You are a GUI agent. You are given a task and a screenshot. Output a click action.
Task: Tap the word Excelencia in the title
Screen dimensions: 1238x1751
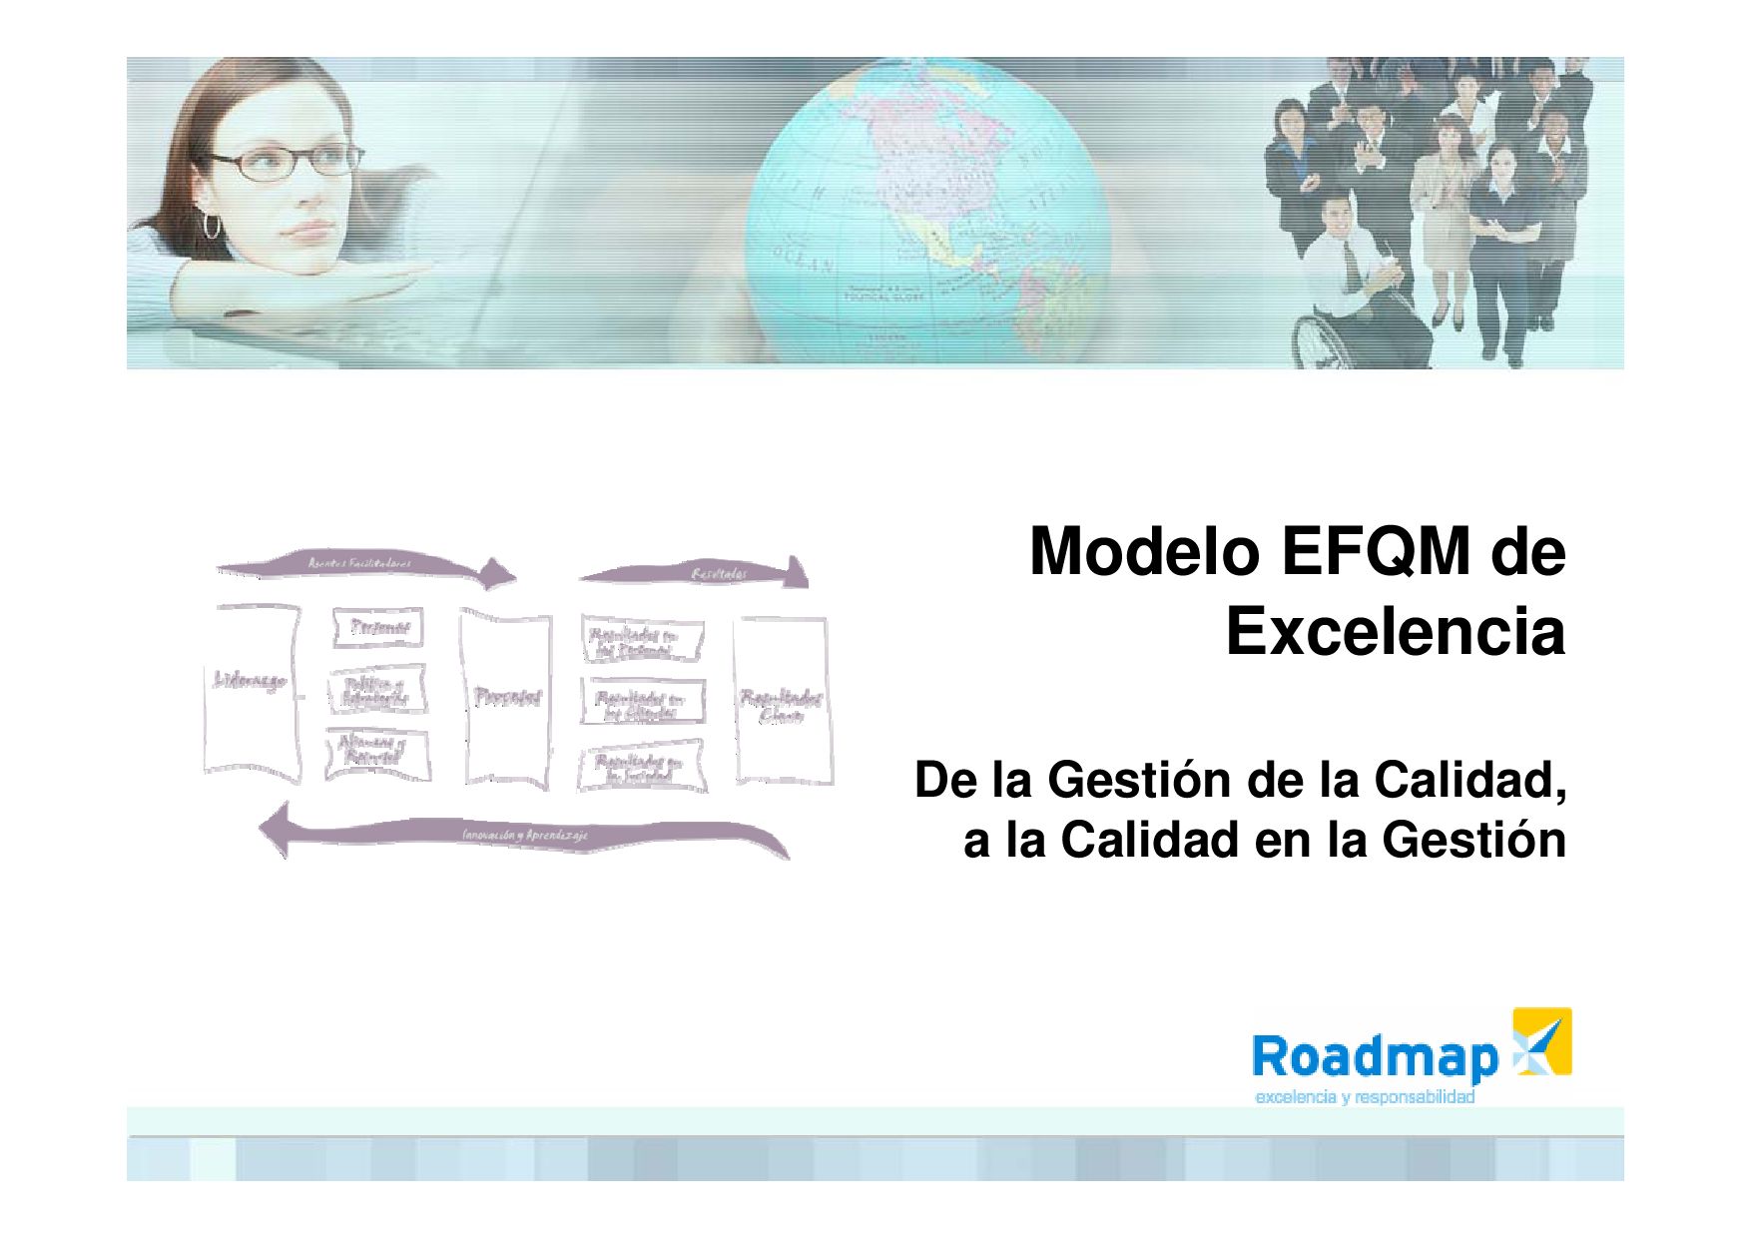1395,632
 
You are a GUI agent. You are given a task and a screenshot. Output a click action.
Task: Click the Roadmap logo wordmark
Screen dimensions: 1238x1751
1375,1057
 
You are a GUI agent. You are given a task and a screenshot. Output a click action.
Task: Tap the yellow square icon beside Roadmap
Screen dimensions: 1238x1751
1542,1041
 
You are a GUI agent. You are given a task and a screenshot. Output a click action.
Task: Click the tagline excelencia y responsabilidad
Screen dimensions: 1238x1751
1365,1098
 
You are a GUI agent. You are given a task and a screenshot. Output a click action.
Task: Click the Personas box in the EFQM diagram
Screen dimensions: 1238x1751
377,627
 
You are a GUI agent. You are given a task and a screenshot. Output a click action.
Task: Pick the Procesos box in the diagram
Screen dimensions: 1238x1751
506,697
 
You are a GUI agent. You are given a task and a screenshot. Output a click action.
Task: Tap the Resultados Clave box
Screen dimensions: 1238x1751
781,701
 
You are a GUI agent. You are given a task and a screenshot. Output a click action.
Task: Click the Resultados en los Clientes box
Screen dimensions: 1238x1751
641,703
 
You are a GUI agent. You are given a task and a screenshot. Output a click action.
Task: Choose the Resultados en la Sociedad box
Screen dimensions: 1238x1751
641,767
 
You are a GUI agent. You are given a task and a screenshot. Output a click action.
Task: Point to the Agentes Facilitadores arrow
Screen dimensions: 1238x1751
364,566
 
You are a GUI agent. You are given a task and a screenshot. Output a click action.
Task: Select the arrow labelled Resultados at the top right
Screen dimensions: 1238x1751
699,573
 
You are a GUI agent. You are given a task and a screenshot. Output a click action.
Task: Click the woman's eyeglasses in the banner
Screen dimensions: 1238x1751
298,161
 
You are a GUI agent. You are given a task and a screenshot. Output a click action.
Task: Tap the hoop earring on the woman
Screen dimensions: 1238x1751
212,224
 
